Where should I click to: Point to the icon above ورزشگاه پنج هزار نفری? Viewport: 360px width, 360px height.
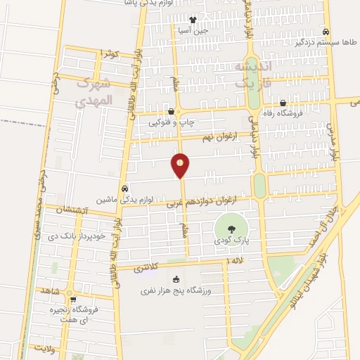175,279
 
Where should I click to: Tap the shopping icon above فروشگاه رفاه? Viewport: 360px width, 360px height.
283,103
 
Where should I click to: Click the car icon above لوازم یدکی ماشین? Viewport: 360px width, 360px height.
124,188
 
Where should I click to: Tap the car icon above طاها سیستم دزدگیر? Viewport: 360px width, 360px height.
326,32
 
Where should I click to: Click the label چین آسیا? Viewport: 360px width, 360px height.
193,30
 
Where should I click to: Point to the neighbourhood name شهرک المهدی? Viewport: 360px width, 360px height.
93,93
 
